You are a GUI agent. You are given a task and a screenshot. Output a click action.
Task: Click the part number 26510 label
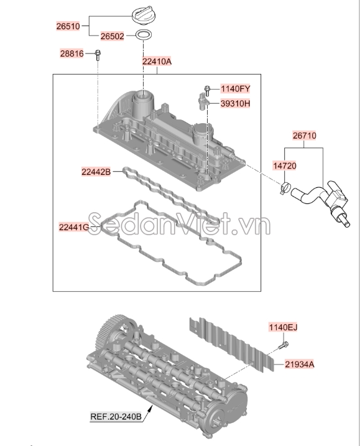[68, 26]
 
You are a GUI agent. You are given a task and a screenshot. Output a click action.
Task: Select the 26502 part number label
[113, 36]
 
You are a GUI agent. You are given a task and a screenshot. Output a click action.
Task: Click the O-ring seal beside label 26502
[144, 35]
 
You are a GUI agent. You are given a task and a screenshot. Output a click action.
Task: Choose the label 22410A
[157, 61]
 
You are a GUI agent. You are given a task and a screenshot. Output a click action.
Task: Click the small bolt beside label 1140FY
[207, 90]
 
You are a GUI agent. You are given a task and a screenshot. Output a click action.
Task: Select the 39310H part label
[236, 103]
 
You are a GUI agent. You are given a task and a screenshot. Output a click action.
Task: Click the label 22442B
[96, 172]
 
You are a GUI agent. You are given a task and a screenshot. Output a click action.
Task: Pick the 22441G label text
[74, 227]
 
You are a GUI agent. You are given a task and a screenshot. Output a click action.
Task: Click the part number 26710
[304, 136]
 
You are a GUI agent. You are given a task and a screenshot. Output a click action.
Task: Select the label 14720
[284, 165]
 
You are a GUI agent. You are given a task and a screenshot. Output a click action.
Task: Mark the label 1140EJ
[283, 327]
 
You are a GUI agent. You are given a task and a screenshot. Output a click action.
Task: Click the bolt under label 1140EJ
[282, 346]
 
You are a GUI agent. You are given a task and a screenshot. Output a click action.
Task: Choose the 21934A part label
[300, 364]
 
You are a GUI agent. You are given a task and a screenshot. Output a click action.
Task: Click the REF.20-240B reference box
[116, 417]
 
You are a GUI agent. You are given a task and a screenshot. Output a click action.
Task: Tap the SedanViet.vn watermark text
[179, 225]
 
